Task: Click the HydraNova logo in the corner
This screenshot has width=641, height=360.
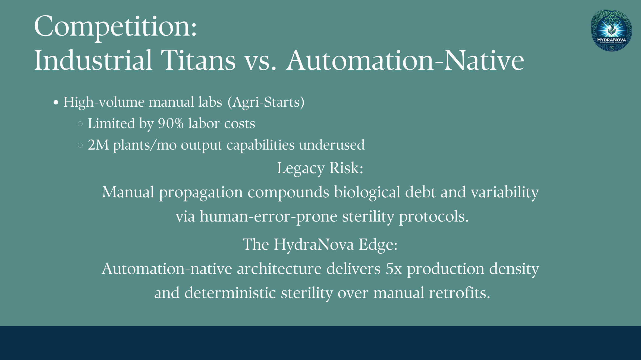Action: point(611,31)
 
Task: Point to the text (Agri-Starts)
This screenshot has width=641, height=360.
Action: point(266,102)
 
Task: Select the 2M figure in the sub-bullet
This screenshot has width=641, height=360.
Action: point(98,145)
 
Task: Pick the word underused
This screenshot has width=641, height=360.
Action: point(332,145)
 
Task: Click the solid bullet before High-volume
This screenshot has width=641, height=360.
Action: point(56,103)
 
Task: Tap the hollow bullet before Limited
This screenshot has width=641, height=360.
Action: point(80,124)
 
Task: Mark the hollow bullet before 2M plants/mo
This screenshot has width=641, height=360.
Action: point(80,145)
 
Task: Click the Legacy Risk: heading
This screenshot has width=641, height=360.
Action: point(320,168)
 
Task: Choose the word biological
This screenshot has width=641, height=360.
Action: point(367,192)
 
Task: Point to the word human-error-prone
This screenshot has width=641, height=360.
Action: point(269,216)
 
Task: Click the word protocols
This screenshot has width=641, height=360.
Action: point(434,216)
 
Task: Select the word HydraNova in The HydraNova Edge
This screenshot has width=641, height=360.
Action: point(314,244)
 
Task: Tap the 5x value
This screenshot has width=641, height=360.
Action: point(394,269)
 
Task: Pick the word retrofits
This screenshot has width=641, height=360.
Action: point(460,293)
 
